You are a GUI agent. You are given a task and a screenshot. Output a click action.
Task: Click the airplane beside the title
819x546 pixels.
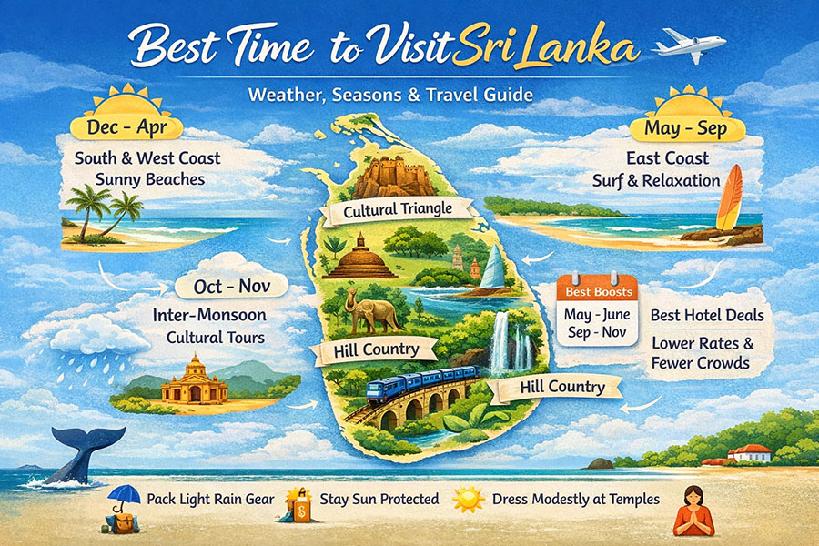click(x=690, y=45)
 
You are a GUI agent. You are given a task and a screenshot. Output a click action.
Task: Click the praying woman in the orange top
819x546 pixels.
click(x=694, y=511)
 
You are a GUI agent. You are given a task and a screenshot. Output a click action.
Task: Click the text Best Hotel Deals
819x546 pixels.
click(x=706, y=316)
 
